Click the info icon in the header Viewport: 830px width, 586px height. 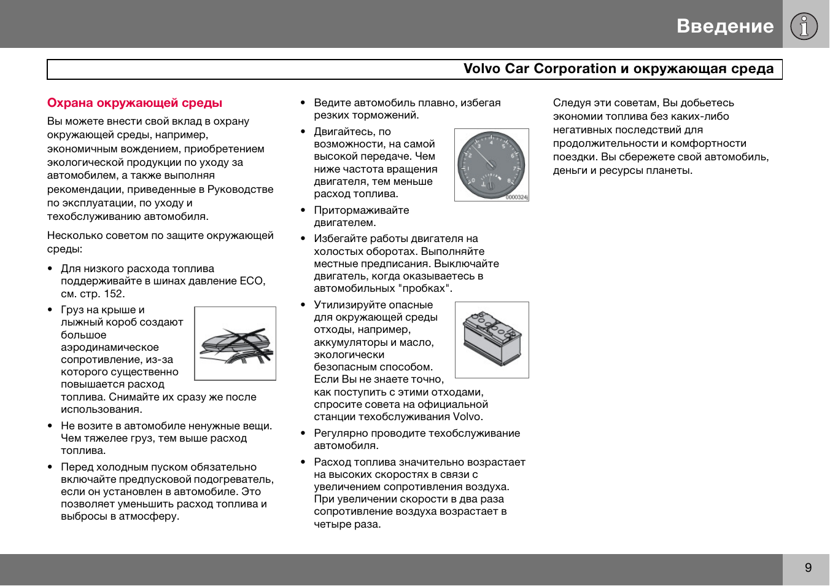pos(804,26)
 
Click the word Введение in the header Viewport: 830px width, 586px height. pos(725,26)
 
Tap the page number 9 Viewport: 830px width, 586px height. pos(808,568)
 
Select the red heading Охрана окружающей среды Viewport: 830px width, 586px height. pos(134,103)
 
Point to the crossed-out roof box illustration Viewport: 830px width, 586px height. pos(235,344)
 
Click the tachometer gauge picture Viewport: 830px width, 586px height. pos(491,165)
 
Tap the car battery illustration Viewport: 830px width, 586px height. pos(492,339)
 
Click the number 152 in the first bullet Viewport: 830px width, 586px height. pos(114,294)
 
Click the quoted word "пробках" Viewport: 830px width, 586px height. pos(427,289)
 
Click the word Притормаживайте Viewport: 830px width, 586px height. pos(361,211)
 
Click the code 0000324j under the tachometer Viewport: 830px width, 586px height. pos(516,198)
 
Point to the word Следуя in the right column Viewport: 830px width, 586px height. pos(572,103)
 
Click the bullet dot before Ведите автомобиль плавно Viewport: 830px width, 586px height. pos(303,103)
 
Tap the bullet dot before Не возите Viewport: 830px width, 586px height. pos(50,426)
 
